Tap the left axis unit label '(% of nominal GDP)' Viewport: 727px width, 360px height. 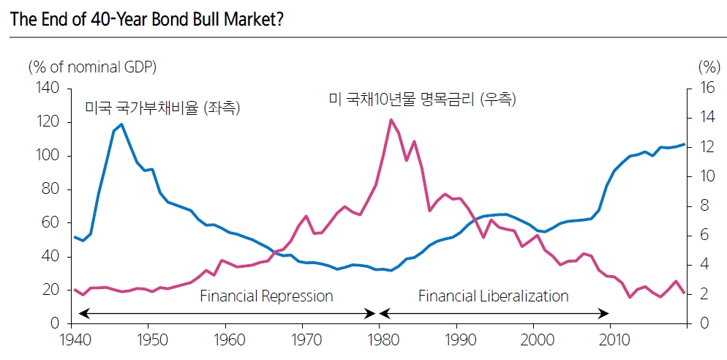92,67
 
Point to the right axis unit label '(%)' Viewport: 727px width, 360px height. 708,67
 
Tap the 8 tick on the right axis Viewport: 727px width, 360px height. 703,206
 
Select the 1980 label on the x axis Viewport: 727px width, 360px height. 380,340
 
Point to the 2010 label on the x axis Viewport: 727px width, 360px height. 611,340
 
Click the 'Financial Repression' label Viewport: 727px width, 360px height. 266,296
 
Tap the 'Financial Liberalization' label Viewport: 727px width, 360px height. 493,296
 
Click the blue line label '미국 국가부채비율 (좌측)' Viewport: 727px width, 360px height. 163,108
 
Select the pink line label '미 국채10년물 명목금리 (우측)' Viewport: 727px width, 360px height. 422,100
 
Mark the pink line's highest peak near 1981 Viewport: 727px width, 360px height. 391,119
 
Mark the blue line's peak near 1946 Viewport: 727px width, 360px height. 121,124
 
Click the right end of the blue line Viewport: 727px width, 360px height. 685,144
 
